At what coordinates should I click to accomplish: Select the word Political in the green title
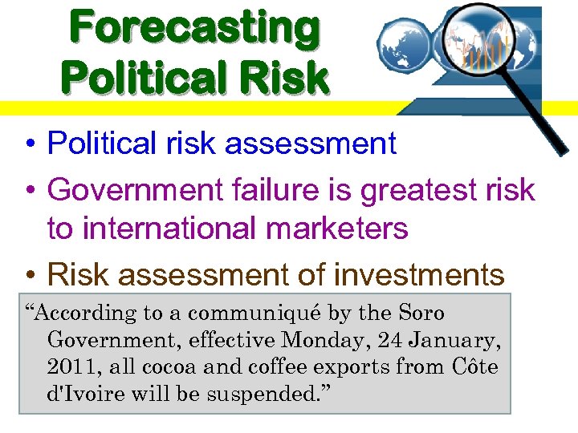click(134, 79)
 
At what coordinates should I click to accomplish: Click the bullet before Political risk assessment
click(27, 144)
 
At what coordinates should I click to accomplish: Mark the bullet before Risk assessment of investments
click(27, 276)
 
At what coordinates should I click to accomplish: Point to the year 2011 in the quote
click(71, 367)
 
